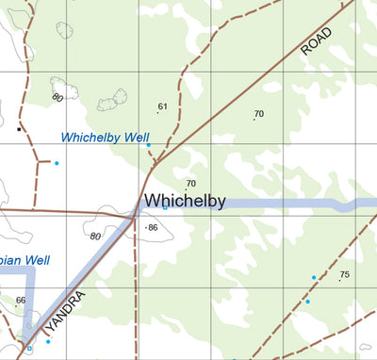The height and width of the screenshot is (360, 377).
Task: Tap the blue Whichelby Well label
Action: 106,138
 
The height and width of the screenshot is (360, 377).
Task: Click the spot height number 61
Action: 162,106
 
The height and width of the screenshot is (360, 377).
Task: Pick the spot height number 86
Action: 153,228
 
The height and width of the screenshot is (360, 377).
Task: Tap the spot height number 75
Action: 345,274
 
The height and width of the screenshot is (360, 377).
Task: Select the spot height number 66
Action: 22,300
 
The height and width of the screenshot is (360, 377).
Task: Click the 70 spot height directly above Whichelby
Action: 190,183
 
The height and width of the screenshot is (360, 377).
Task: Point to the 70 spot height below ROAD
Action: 259,114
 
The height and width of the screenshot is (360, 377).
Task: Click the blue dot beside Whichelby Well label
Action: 148,145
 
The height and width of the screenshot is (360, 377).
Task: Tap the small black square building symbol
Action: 19,127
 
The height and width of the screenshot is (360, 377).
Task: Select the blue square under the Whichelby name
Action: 164,207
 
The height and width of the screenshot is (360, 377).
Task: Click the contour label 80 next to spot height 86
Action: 95,236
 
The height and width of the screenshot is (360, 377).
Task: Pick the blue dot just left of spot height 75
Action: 314,278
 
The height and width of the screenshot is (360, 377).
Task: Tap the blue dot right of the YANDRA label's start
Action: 48,341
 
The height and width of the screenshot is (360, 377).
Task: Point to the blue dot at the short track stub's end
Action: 57,164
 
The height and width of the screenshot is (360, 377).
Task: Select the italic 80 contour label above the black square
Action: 58,97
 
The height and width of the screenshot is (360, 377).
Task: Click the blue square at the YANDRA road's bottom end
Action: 29,349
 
